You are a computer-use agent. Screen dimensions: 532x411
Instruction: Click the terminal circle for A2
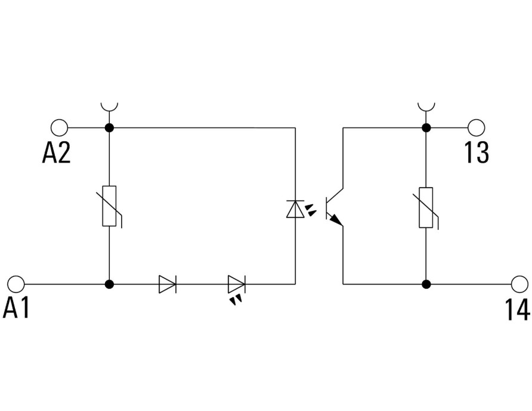point(59,127)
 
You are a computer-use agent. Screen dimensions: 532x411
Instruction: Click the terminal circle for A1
point(16,284)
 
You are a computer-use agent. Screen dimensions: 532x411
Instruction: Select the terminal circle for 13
point(476,127)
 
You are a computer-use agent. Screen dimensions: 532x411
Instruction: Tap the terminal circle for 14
point(520,284)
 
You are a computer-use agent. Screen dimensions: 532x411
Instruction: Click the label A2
point(56,152)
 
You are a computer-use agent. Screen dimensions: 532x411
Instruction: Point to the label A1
point(16,309)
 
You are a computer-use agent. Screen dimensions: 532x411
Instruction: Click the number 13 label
point(477,152)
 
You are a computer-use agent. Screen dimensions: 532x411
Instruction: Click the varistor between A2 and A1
point(109,206)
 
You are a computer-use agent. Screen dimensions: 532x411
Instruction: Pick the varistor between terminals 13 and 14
point(426,207)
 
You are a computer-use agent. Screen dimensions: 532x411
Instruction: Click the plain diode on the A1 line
point(168,284)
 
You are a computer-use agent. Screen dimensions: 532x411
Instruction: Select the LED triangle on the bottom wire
point(237,284)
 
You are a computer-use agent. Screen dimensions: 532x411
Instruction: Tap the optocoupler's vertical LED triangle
point(295,208)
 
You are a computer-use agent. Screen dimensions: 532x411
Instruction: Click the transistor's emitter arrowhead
point(336,220)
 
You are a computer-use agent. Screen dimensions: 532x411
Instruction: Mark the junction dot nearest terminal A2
point(109,127)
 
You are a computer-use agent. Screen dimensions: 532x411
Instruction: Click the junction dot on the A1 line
point(109,284)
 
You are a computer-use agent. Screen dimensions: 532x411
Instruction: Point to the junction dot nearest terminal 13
point(426,127)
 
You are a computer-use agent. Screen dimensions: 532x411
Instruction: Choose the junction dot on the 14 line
point(426,284)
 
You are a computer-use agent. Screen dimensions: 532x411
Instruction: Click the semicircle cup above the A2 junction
point(109,110)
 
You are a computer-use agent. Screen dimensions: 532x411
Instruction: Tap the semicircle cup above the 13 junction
point(426,110)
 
